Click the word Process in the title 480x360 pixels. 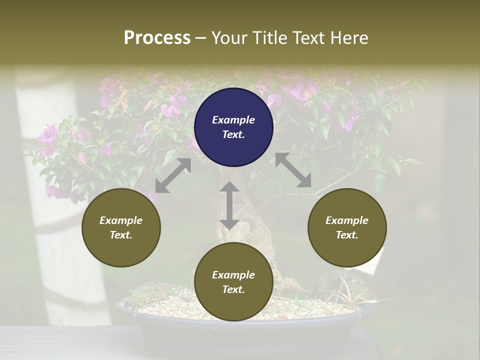pos(157,38)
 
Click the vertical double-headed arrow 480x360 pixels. pos(229,205)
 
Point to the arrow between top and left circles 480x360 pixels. pos(173,175)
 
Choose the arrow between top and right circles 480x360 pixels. pos(293,170)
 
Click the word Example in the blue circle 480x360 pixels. pos(233,120)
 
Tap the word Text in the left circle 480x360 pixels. pos(121,235)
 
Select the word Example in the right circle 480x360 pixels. pos(347,220)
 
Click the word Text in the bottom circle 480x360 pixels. pos(233,289)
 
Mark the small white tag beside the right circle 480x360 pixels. pos(377,260)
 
